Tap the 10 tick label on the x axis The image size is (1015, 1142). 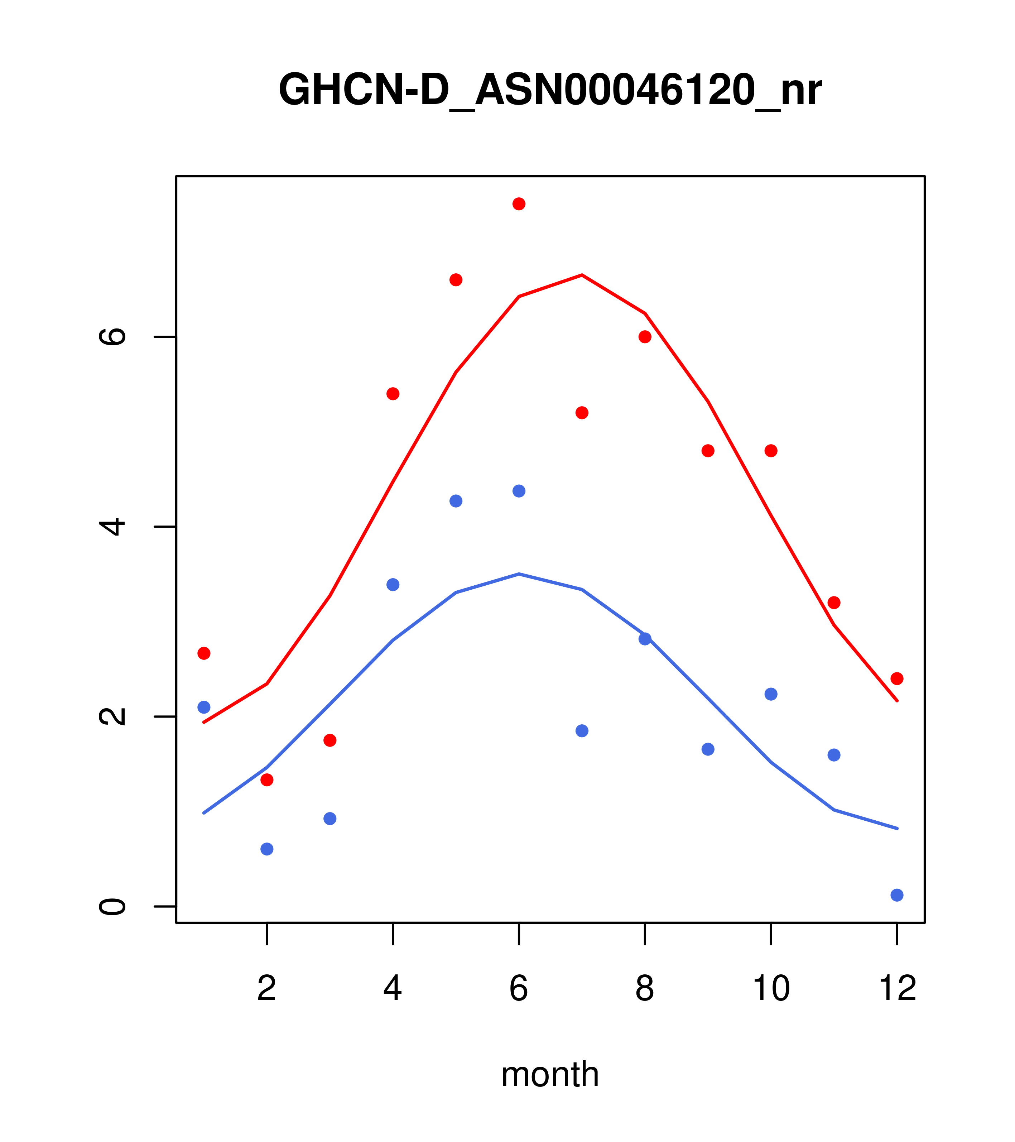coord(771,989)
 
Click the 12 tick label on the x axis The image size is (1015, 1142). coord(897,989)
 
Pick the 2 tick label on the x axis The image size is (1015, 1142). coord(267,989)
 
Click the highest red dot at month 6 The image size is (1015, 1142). coord(519,204)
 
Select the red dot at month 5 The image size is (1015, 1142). coord(456,280)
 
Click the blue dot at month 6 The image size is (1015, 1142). coord(519,491)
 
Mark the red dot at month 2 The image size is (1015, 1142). coord(267,780)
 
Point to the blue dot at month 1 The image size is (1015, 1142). coord(204,707)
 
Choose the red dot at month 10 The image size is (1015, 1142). coord(771,451)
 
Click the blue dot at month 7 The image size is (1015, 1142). coord(582,731)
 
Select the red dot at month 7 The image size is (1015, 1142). coord(582,413)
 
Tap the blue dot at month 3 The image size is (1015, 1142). coord(330,819)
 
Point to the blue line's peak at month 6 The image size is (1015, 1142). coord(519,574)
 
